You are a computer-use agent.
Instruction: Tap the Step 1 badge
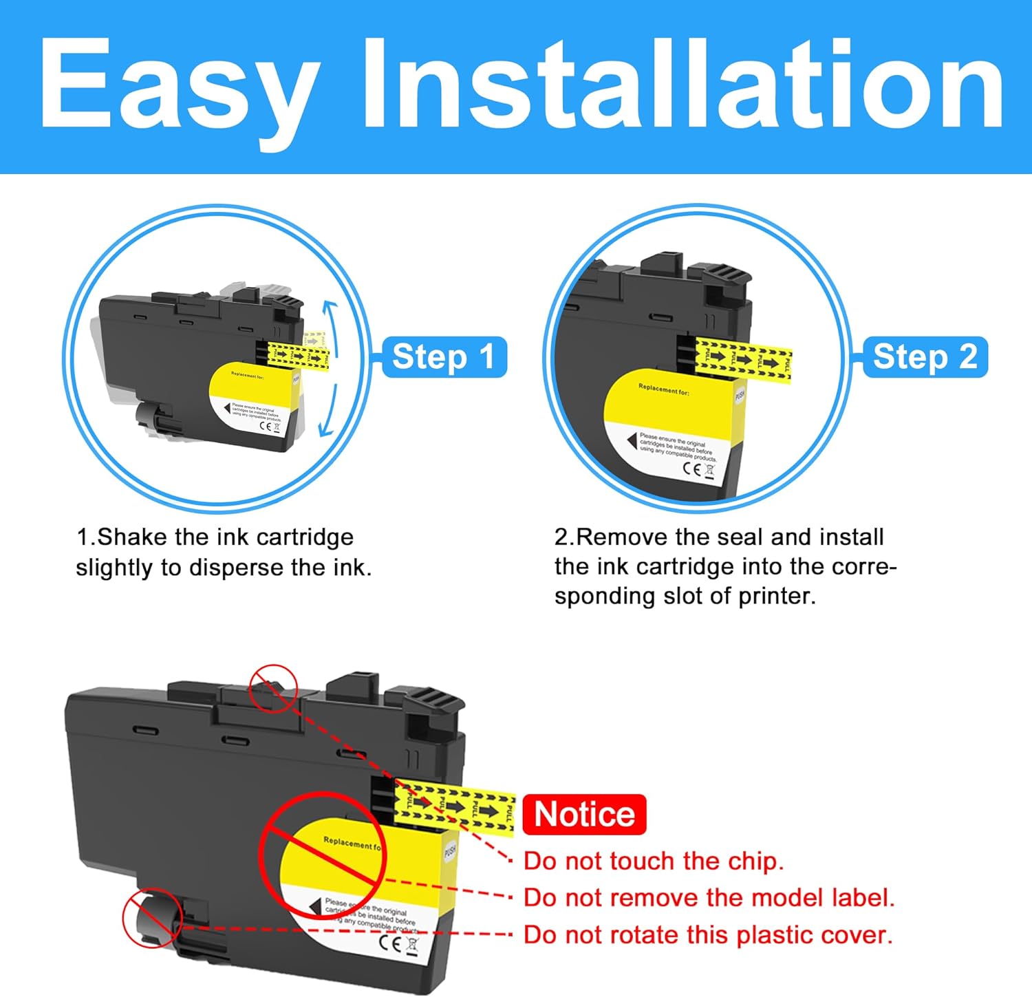coord(444,357)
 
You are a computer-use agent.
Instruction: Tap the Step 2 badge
coord(925,357)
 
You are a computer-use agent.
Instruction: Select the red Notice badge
coord(584,815)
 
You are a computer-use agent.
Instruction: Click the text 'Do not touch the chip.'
coord(653,861)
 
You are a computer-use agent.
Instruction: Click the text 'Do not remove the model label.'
coord(709,897)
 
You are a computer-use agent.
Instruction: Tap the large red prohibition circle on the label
coord(323,855)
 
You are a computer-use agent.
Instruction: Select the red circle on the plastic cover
coord(152,918)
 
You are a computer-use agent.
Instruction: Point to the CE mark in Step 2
coord(691,469)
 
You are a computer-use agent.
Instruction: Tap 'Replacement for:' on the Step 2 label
coord(663,390)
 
